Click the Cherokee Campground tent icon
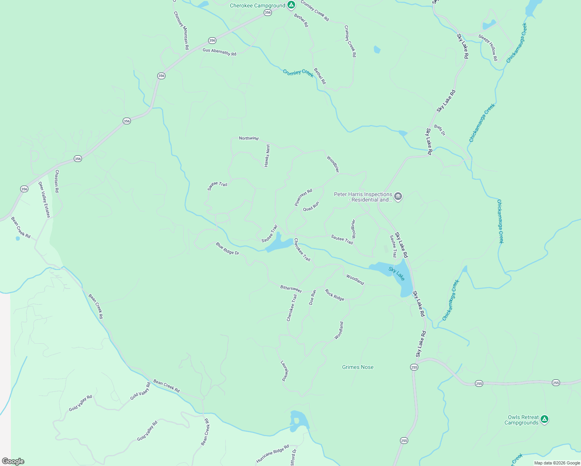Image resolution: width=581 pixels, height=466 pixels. (x=291, y=5)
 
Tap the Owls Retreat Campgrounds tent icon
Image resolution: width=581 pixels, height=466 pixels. (x=544, y=419)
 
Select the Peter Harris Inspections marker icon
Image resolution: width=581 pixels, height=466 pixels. (x=398, y=196)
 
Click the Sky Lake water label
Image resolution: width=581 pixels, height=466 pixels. (x=397, y=273)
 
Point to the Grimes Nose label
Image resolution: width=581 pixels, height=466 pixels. (x=358, y=367)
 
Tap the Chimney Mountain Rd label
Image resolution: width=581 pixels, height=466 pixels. (x=181, y=30)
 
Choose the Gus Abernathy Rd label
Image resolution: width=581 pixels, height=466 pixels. (x=219, y=52)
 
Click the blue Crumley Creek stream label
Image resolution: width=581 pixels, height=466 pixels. (x=298, y=73)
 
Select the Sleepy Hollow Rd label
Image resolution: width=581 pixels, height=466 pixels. (x=488, y=48)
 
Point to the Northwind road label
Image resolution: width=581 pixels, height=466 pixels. (x=249, y=138)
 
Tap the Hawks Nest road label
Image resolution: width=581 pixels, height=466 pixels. (x=267, y=156)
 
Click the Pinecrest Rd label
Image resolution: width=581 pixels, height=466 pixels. (x=303, y=197)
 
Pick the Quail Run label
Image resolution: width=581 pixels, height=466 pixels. (x=311, y=206)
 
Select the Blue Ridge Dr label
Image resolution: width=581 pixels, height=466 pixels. (x=228, y=249)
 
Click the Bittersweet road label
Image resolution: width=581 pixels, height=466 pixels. (x=291, y=289)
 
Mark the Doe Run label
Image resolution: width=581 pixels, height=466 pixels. (x=313, y=297)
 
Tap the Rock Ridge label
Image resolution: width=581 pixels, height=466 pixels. (x=334, y=295)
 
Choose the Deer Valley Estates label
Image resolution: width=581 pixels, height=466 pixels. (x=44, y=200)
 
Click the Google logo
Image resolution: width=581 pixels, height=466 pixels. (x=13, y=461)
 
